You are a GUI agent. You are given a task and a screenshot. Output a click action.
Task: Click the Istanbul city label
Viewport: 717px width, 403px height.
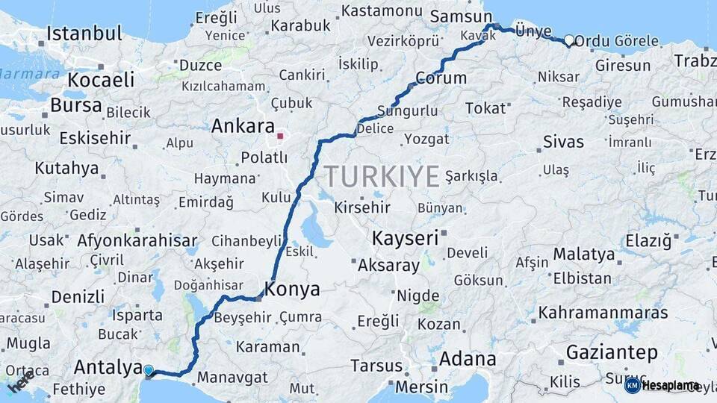click(84, 34)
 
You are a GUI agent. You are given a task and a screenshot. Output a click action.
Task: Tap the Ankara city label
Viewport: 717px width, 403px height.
click(243, 126)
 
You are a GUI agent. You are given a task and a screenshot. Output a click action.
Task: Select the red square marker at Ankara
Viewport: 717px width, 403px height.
click(280, 136)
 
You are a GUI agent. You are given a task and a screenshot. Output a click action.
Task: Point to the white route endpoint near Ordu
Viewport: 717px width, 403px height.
click(569, 40)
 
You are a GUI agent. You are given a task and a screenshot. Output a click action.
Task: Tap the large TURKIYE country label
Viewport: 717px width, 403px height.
click(382, 177)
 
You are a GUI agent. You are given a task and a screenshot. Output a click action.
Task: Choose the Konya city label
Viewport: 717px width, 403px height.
click(293, 290)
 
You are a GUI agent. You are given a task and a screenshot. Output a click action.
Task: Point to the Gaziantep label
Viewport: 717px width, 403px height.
click(612, 352)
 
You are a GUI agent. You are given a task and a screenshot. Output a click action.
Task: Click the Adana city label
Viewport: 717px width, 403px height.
click(468, 358)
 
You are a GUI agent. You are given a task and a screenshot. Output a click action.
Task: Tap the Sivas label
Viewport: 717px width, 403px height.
click(563, 142)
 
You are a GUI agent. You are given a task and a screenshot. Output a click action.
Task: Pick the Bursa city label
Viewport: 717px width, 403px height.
click(75, 105)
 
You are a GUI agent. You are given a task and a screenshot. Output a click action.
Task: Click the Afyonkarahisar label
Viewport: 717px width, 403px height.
click(137, 240)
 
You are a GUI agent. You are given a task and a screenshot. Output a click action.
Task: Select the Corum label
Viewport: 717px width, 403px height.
click(441, 78)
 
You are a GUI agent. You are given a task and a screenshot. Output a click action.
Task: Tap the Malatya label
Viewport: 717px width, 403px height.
click(584, 254)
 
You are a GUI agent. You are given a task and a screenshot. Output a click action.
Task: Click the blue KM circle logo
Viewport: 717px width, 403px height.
click(633, 385)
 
